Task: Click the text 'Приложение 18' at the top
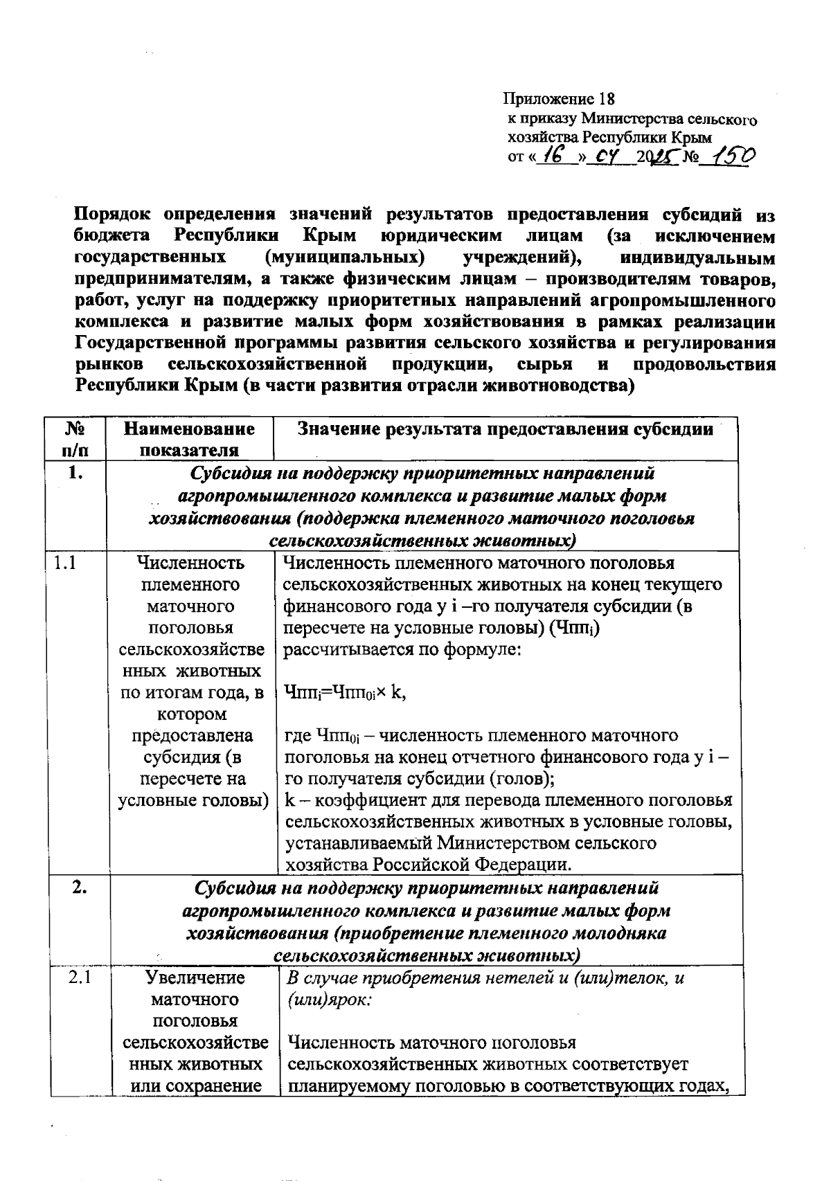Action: [x=559, y=98]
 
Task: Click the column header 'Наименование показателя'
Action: [x=189, y=439]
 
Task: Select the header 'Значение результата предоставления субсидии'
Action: [x=506, y=429]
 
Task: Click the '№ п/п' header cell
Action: [x=75, y=439]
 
